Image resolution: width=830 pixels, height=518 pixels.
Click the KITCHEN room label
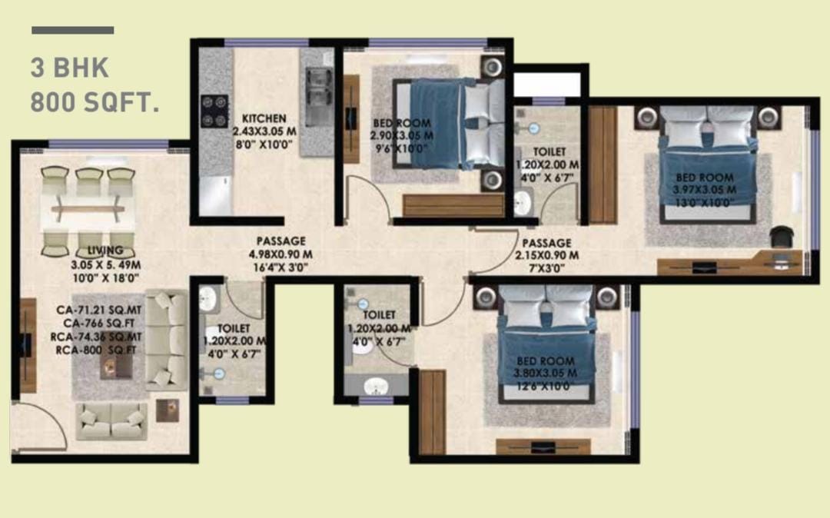[x=264, y=118]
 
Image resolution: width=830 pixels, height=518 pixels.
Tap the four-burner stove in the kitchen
[x=214, y=111]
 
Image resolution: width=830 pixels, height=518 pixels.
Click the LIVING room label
[x=105, y=251]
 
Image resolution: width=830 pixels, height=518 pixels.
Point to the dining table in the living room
[x=88, y=210]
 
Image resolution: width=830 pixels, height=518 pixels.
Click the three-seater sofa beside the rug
[x=167, y=339]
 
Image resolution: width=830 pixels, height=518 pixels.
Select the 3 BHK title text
[x=70, y=68]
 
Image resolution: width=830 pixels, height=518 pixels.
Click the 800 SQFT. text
[x=95, y=102]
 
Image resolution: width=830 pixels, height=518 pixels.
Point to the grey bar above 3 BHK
[x=72, y=30]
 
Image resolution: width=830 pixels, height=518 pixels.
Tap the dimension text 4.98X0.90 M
[x=281, y=254]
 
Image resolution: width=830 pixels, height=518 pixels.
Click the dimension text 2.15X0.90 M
[x=547, y=256]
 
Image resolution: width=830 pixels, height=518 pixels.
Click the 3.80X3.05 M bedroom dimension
[x=545, y=374]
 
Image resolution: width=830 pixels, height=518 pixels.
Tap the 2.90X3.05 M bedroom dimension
[x=402, y=136]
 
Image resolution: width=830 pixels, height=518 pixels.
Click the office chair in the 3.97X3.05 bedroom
[x=781, y=237]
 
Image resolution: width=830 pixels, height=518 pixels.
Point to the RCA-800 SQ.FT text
[x=96, y=350]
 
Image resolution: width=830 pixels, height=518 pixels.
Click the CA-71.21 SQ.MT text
[x=99, y=310]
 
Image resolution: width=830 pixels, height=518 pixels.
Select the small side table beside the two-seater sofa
[x=168, y=410]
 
